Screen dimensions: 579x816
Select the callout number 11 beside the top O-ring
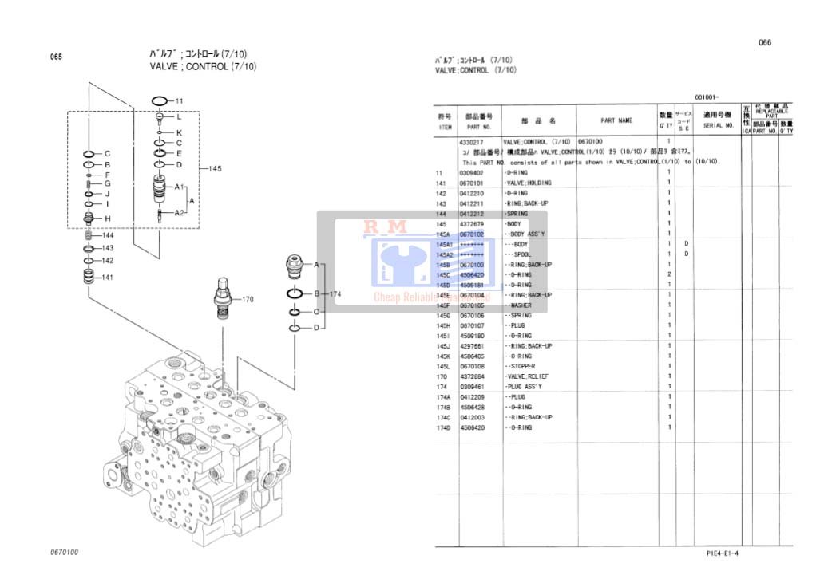click(179, 101)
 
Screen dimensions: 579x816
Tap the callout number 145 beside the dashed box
click(214, 168)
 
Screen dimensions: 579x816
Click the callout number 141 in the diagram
click(107, 277)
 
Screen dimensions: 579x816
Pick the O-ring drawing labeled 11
click(159, 101)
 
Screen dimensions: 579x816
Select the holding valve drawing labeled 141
click(89, 278)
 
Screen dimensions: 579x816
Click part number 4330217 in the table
click(472, 142)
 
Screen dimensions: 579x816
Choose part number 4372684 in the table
click(472, 376)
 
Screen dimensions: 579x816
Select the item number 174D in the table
click(444, 427)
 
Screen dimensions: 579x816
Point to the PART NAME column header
click(616, 120)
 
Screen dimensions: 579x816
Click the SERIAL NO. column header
click(718, 125)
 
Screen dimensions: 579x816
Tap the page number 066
click(764, 43)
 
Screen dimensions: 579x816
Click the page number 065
click(56, 57)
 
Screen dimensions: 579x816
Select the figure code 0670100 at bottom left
click(64, 552)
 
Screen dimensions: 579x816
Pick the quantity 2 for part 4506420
click(669, 274)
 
